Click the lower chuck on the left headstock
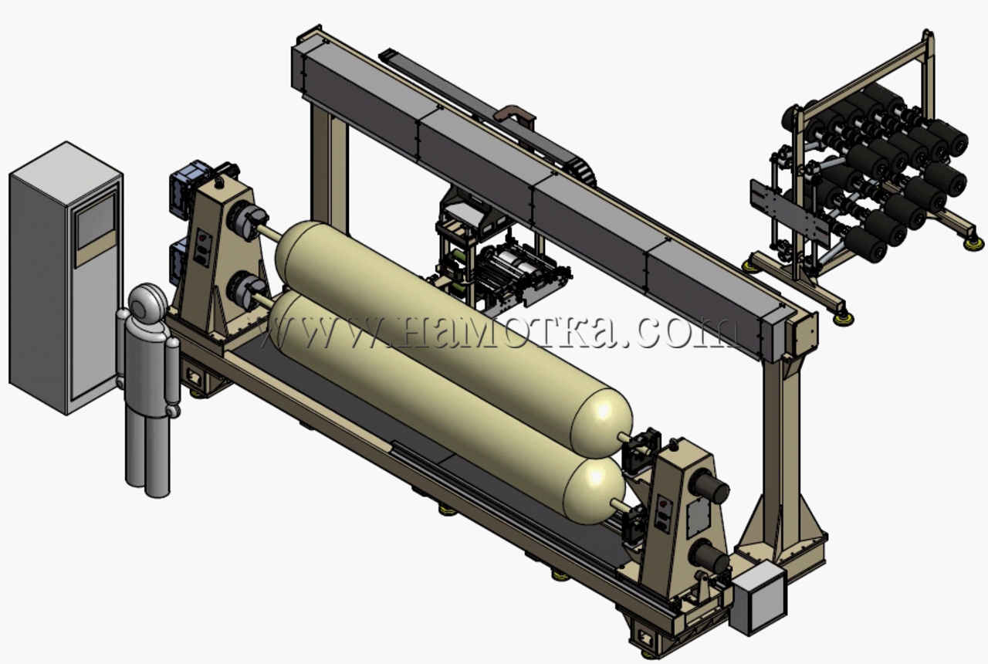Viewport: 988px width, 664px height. point(247,289)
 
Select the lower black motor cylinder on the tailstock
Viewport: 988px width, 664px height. point(709,557)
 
